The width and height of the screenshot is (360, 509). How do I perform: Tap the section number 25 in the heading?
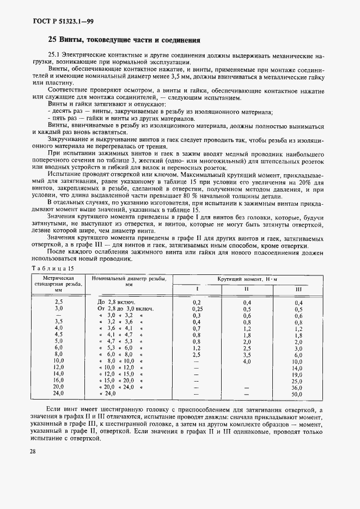tap(52, 40)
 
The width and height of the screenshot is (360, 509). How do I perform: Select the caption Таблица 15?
tap(52, 268)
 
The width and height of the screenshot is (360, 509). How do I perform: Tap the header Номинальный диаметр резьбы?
tap(129, 281)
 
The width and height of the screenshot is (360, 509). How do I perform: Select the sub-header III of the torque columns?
tap(297, 289)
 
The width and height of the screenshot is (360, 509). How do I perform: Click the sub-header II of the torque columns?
tap(246, 289)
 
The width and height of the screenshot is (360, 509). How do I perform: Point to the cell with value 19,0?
tap(297, 375)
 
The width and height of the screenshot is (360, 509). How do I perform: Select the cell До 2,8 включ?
tap(116, 302)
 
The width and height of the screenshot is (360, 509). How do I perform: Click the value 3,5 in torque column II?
tap(247, 354)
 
